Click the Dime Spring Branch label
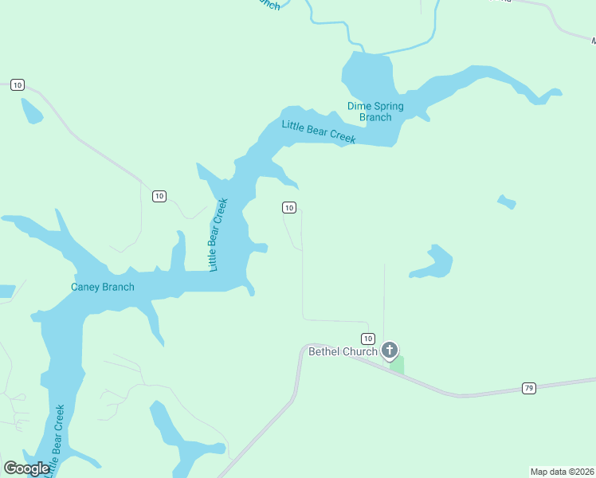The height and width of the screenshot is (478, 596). click(375, 112)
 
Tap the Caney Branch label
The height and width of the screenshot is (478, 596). click(103, 287)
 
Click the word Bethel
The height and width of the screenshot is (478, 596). click(324, 351)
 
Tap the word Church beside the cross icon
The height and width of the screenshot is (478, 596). click(360, 351)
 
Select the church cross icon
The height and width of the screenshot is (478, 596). click(390, 350)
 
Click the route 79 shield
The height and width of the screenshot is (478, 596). click(529, 388)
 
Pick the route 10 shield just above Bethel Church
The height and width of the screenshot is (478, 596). click(367, 338)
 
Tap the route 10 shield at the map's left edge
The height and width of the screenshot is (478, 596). click(18, 85)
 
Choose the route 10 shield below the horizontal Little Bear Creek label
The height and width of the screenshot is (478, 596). click(289, 208)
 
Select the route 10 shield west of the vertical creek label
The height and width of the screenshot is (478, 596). click(159, 196)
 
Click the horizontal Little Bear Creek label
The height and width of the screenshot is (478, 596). click(318, 131)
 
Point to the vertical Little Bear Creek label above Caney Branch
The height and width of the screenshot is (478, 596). click(218, 234)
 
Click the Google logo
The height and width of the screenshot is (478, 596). click(26, 468)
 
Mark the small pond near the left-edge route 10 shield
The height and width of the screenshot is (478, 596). click(32, 112)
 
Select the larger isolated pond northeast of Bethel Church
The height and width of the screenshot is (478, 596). click(433, 262)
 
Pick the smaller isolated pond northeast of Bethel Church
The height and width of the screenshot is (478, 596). click(506, 202)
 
